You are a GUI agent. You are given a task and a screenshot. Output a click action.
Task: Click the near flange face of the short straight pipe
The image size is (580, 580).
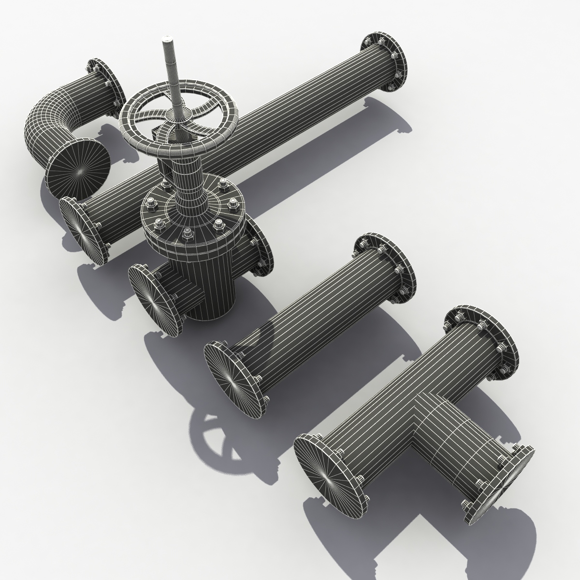point(232,377)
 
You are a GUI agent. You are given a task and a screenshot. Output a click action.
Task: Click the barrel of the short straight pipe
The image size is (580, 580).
point(309,319)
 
